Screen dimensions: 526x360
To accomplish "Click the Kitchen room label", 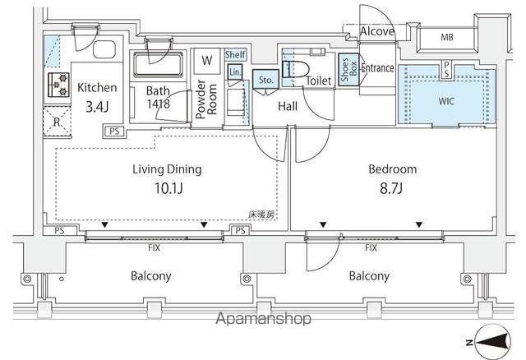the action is click(97, 88).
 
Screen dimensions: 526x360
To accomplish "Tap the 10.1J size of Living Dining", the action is click(168, 188).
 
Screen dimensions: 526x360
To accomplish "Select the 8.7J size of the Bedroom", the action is click(391, 188).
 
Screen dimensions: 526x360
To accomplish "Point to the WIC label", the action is click(446, 101).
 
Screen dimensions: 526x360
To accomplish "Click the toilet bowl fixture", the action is click(296, 70).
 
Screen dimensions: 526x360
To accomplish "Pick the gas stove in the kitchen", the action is click(58, 85).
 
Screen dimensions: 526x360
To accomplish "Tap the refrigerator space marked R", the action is click(57, 122).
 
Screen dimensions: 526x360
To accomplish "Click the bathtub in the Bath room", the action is click(158, 64).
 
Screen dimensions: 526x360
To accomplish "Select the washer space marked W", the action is click(207, 60).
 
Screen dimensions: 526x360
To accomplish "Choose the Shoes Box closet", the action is click(348, 70).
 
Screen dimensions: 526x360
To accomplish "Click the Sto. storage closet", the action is click(265, 79).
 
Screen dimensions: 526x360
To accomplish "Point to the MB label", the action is click(447, 37).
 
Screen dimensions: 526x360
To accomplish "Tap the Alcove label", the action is click(376, 31).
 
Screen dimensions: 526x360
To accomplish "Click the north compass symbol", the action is click(493, 342).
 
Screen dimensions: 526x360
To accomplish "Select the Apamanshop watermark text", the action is click(263, 318).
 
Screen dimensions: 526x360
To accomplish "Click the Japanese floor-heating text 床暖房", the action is click(261, 215).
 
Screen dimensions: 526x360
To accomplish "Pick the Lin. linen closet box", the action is click(235, 72).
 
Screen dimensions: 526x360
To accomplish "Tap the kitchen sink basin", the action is click(104, 49).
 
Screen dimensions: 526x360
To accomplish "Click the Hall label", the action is click(288, 106).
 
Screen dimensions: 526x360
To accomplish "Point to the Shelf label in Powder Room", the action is click(235, 54).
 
